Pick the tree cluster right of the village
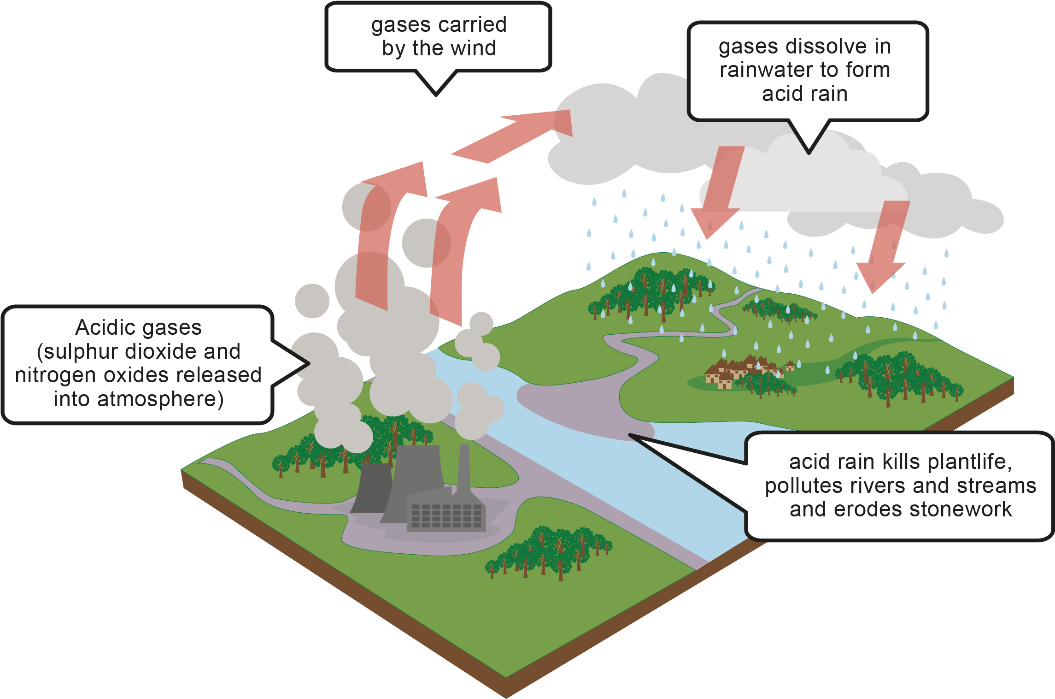pos(898,376)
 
